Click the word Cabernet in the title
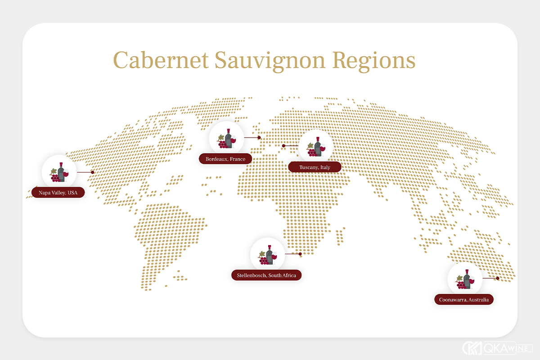[x=160, y=61]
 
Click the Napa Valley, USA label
[x=58, y=193]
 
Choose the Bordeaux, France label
[x=225, y=159]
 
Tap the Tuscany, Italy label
[x=315, y=167]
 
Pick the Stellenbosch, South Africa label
[x=266, y=275]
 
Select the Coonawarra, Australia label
[x=463, y=299]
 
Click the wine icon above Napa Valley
[x=59, y=171]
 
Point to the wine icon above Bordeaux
[x=227, y=138]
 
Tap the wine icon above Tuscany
[x=316, y=146]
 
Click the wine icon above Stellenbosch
[x=267, y=254]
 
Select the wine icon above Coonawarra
[x=465, y=279]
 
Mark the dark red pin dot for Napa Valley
[x=92, y=172]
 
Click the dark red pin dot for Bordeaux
[x=259, y=138]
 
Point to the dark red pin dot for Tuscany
[x=283, y=146]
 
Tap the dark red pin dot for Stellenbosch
[x=300, y=254]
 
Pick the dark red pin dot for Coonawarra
[x=498, y=278]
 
